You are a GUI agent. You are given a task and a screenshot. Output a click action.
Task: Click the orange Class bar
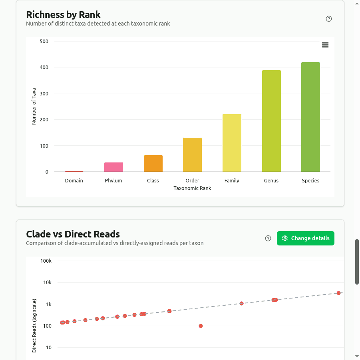(153, 163)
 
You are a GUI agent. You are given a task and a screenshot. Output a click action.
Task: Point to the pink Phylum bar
(113, 167)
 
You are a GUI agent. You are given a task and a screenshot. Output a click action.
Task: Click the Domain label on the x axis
(74, 181)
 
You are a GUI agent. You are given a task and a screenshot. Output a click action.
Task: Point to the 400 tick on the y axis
(44, 67)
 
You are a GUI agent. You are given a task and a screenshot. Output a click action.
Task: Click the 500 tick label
(44, 42)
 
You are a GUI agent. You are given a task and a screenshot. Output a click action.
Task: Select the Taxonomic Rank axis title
(192, 188)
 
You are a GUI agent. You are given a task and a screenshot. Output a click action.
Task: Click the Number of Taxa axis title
(34, 106)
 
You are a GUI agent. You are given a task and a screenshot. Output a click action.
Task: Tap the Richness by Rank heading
(63, 15)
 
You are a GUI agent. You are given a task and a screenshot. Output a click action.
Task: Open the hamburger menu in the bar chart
(325, 45)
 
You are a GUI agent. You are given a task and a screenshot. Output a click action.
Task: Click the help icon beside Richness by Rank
(329, 19)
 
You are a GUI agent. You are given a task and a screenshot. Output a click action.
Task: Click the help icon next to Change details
(268, 238)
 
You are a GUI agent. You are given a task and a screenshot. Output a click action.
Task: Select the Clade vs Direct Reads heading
(73, 234)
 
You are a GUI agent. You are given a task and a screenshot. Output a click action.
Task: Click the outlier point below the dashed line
(201, 326)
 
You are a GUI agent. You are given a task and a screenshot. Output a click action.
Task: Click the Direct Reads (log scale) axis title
(34, 325)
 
